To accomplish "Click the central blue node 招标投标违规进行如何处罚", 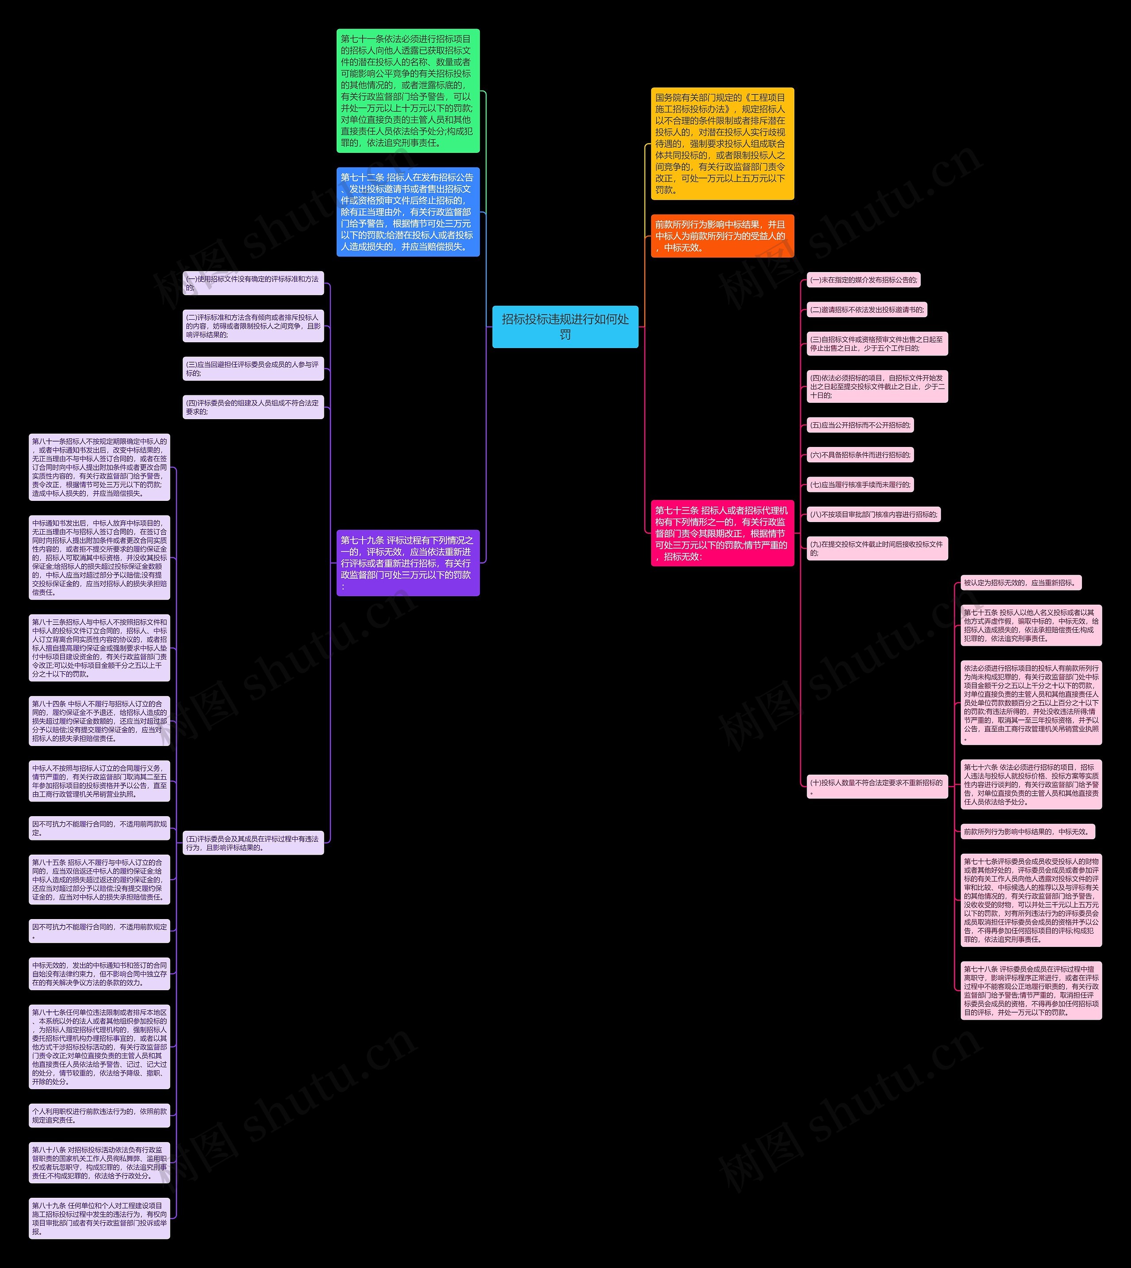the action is tap(565, 327).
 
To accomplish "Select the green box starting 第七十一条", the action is tap(408, 91).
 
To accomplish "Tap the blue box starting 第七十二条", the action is tap(408, 212).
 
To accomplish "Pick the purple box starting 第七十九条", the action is tap(408, 563).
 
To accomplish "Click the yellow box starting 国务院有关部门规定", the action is tap(722, 144).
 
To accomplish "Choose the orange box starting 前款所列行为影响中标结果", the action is tap(722, 236).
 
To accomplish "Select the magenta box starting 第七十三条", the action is tap(722, 533).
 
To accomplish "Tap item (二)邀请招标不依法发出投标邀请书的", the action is tap(867, 310).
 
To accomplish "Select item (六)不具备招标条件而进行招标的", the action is tap(860, 455).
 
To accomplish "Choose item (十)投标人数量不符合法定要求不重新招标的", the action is tap(877, 787).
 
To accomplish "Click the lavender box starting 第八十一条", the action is tap(99, 468).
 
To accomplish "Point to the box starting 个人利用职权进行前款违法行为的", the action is tap(99, 1116).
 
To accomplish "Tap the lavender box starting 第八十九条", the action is tap(99, 1218).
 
